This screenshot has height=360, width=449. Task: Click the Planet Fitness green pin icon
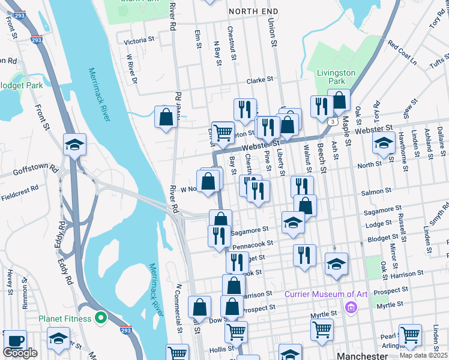coord(100,317)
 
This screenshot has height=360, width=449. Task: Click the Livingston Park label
coord(336,77)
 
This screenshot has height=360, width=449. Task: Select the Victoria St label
coord(139,41)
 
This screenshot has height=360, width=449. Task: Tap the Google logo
coord(20,353)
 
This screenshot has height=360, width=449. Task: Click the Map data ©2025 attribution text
coord(423,355)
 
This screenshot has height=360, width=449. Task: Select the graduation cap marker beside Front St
coord(75,145)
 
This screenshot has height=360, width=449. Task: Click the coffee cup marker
coord(15,340)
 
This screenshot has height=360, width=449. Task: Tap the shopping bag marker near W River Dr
coord(166,117)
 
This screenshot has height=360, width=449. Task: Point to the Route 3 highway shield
coord(331,121)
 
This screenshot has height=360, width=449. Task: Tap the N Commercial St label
coord(179,308)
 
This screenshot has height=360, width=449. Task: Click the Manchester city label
coord(362,355)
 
